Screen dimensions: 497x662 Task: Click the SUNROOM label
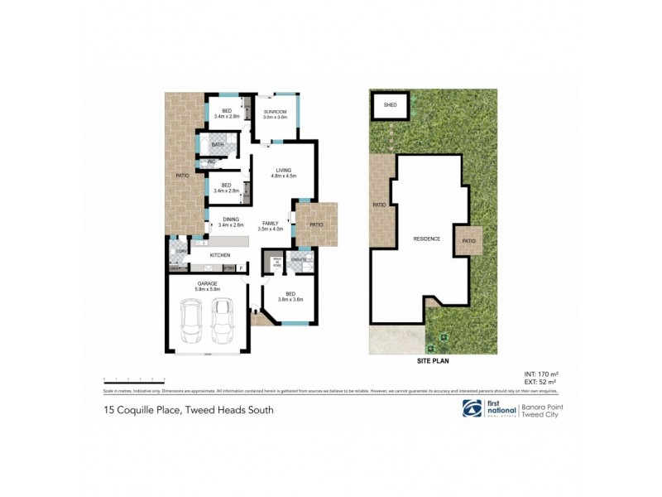click(275, 112)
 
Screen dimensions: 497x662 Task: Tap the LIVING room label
click(283, 171)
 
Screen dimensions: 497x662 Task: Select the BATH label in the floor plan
click(218, 145)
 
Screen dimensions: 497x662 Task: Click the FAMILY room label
click(270, 224)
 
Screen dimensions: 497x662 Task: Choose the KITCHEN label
click(219, 255)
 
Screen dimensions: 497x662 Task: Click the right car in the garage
click(222, 320)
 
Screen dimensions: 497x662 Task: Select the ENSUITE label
click(300, 260)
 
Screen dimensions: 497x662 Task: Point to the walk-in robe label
click(277, 262)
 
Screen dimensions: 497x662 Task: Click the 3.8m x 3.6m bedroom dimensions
click(290, 299)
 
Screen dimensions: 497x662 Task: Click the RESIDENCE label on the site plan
click(426, 239)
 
